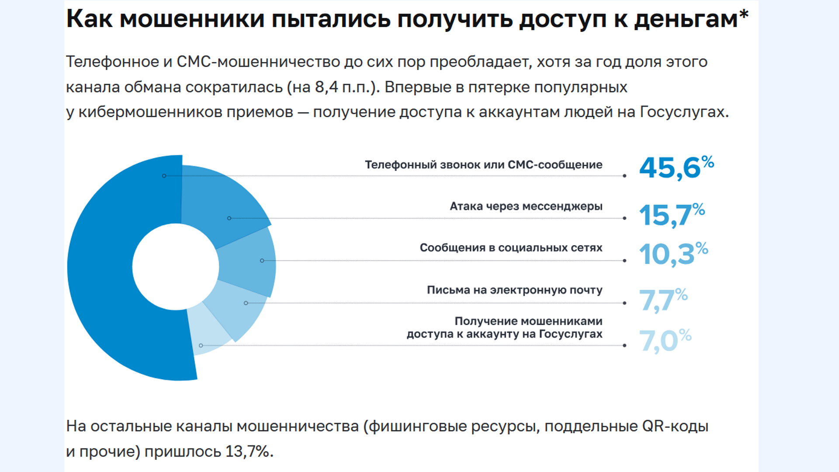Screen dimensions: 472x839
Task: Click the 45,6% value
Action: (x=676, y=167)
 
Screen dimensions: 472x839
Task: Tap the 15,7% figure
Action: (x=671, y=215)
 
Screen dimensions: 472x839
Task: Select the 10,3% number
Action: (x=673, y=254)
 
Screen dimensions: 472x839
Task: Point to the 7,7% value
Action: (x=662, y=300)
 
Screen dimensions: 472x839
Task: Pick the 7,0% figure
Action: (x=664, y=340)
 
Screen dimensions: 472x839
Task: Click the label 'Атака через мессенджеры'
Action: (x=526, y=206)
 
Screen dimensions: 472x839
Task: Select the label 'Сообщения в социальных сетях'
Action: (x=511, y=248)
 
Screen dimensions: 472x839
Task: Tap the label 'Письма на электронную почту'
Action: (x=514, y=290)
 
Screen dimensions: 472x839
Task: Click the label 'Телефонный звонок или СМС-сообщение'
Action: (x=483, y=165)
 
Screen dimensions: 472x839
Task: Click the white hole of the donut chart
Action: (x=175, y=267)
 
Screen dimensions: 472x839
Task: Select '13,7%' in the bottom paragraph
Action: (x=247, y=451)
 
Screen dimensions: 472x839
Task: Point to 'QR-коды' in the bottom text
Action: (x=675, y=426)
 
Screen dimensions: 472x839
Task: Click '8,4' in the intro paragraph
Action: (x=326, y=87)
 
